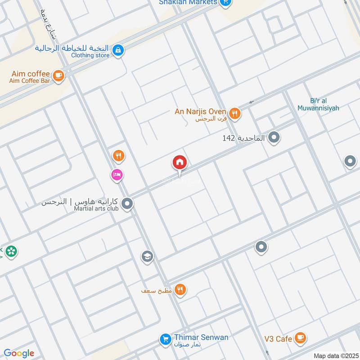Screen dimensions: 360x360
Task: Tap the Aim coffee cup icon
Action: tap(58, 76)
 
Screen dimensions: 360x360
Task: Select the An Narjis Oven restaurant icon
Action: tap(234, 114)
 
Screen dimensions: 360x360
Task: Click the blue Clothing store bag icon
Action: tap(117, 50)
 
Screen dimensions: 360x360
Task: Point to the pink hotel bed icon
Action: tap(117, 175)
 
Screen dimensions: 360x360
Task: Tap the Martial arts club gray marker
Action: tap(127, 204)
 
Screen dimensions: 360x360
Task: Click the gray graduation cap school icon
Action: tap(147, 257)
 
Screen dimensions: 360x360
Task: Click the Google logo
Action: tap(19, 353)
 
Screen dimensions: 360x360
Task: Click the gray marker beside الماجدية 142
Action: tap(274, 138)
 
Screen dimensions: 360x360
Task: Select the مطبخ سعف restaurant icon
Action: tap(180, 290)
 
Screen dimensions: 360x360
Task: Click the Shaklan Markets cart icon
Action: tap(226, 2)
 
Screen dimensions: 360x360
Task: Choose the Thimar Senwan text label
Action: tap(201, 337)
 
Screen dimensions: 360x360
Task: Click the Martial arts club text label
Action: tap(96, 208)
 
